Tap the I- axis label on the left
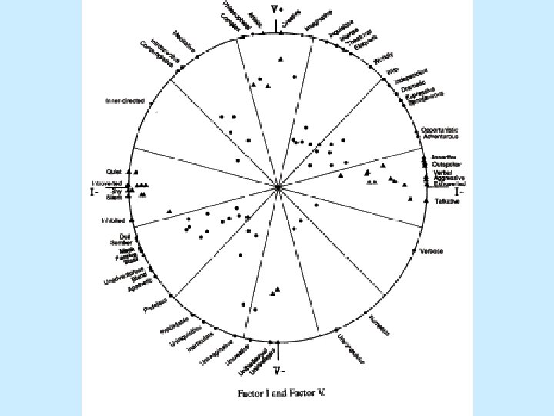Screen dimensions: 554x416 click(94, 193)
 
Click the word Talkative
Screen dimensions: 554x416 click(446, 201)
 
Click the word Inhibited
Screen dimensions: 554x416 click(113, 220)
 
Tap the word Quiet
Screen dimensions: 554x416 click(115, 172)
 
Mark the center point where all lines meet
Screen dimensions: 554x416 click(278, 187)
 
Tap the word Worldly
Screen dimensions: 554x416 click(382, 59)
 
